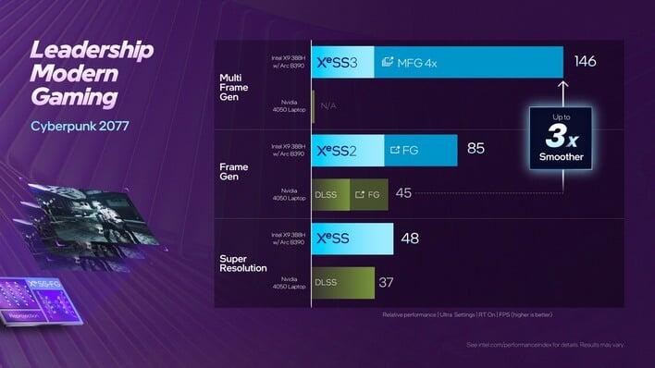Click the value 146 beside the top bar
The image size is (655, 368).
pos(585,62)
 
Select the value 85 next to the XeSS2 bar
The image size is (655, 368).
pos(476,148)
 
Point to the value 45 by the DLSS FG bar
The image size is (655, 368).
pos(403,193)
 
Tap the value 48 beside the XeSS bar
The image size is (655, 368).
pos(409,239)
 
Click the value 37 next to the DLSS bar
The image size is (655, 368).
pos(388,282)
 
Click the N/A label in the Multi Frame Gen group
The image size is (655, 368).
pos(327,106)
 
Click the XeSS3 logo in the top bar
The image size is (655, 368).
pos(343,62)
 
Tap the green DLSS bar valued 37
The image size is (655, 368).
pos(343,282)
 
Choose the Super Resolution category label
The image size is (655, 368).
pos(243,262)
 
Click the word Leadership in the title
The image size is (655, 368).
pos(91,50)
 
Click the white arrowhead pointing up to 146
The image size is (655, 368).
pos(563,86)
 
